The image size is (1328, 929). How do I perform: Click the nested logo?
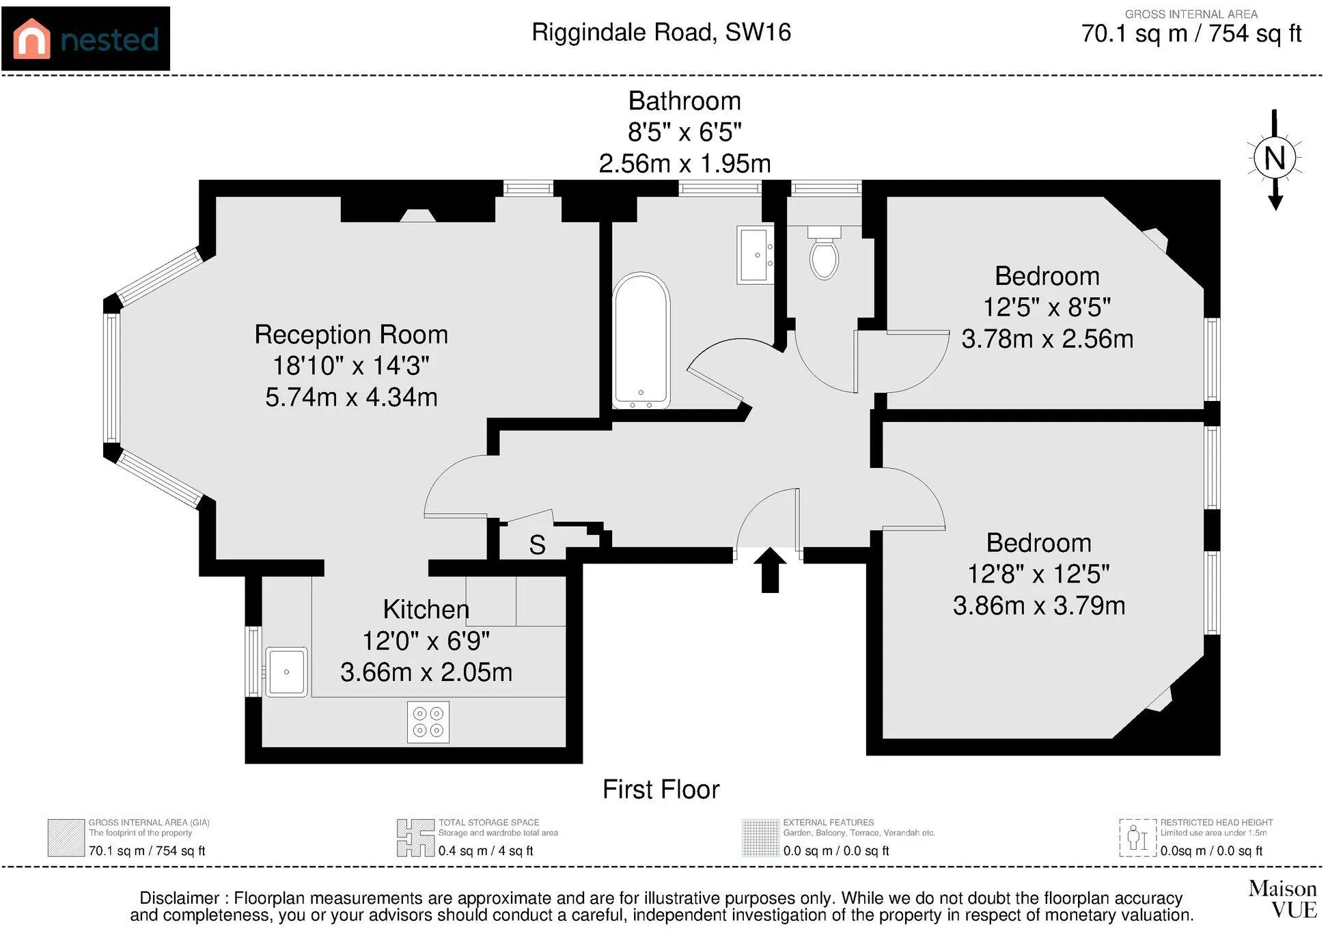tap(85, 38)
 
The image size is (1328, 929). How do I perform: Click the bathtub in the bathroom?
tap(641, 341)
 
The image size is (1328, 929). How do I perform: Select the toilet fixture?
tap(825, 253)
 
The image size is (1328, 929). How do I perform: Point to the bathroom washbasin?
tap(756, 254)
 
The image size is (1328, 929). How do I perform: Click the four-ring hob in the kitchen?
tap(428, 722)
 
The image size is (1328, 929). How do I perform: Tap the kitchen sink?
tap(286, 671)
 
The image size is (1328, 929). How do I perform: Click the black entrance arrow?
tap(770, 570)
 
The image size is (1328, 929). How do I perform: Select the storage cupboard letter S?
tap(537, 545)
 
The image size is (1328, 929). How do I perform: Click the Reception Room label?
tap(351, 335)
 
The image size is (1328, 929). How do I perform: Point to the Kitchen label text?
tap(426, 609)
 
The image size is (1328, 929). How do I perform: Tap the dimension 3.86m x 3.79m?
tap(1039, 606)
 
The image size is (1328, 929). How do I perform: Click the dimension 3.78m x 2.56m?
tap(1047, 339)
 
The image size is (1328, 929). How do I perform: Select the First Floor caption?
tap(661, 790)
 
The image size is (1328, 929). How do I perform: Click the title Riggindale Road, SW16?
tap(661, 32)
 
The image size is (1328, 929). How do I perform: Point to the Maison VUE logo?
tap(1282, 899)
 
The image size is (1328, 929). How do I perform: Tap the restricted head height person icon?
tap(1138, 837)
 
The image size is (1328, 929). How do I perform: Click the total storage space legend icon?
tap(415, 837)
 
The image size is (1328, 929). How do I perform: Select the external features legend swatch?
tap(760, 837)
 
